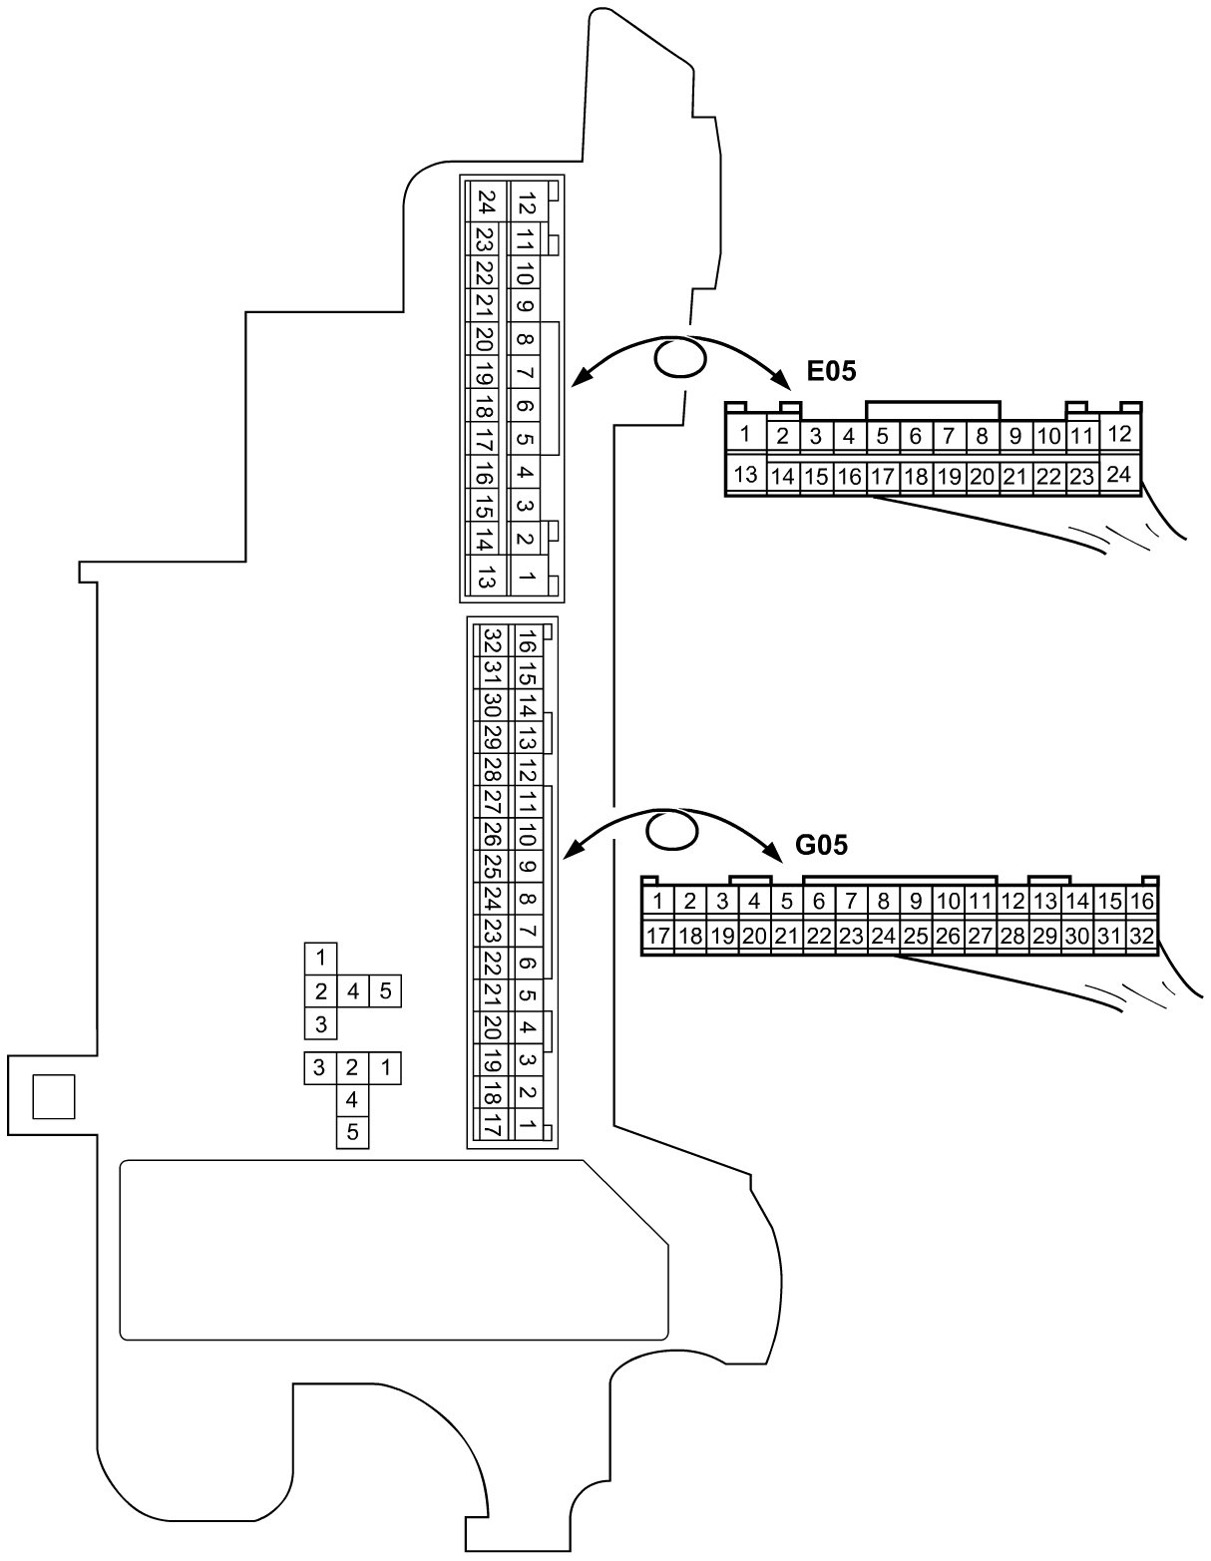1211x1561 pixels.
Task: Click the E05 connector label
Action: pos(831,373)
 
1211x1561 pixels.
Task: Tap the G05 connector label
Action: pos(821,846)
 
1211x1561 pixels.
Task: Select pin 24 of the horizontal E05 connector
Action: pos(1119,475)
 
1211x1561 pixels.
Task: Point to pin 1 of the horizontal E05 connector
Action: pos(744,434)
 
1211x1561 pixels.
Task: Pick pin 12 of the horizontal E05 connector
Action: pos(1119,434)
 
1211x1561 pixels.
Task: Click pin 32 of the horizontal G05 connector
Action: pos(1141,936)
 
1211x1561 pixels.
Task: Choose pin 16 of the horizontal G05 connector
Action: pos(1141,902)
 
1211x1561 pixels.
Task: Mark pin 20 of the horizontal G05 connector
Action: pos(754,936)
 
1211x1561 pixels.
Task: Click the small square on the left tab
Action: pos(53,1096)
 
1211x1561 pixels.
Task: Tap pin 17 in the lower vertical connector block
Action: pos(491,1127)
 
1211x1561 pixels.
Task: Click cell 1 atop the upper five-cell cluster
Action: pos(320,958)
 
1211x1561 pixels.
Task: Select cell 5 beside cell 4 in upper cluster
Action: pos(387,991)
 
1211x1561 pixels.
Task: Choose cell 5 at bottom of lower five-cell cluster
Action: pos(351,1132)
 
